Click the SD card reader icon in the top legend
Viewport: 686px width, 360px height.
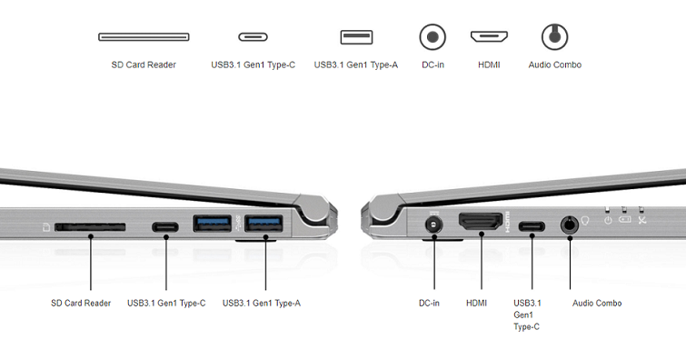pos(144,36)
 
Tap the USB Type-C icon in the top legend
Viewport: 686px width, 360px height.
pos(253,36)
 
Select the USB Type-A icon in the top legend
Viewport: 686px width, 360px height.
pos(356,37)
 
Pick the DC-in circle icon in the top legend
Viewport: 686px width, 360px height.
pos(432,36)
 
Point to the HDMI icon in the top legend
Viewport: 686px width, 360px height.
pos(489,36)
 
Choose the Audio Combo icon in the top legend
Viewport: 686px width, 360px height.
pos(555,36)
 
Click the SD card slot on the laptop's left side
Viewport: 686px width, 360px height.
pos(90,227)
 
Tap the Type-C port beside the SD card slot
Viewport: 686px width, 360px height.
pos(165,227)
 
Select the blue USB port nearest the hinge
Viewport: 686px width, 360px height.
pos(263,224)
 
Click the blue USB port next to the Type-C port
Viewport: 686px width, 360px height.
pos(213,224)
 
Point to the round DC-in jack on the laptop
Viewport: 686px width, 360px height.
pos(433,226)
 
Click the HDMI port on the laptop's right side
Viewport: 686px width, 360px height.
pos(481,222)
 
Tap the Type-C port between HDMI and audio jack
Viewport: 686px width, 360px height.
pos(532,226)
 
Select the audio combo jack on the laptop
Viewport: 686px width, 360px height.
pos(569,225)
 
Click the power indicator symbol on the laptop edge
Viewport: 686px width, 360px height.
pos(608,220)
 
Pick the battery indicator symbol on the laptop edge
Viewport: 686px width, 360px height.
pos(625,219)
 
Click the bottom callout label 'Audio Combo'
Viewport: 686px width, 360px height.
pos(597,303)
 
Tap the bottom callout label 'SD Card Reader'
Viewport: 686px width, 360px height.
pos(81,303)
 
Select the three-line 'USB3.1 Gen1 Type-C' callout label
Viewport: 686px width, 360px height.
pos(527,315)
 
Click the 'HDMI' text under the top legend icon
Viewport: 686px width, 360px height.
pos(489,65)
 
